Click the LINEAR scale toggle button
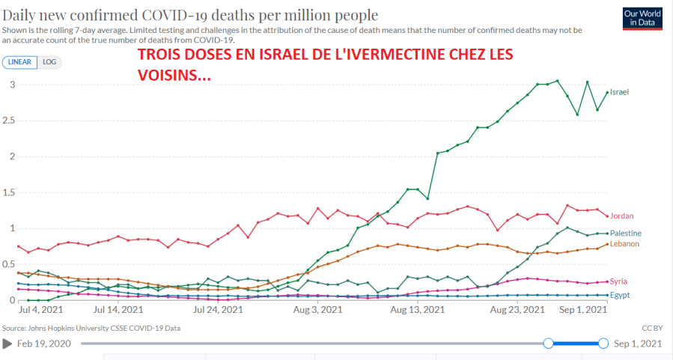click(x=20, y=62)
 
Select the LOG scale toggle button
click(x=49, y=62)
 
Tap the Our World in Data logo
click(x=642, y=18)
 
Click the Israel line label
click(x=619, y=92)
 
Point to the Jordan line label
click(x=622, y=216)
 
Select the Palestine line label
click(x=625, y=234)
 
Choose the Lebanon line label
click(x=624, y=244)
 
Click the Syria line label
click(x=618, y=281)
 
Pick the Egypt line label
click(x=619, y=295)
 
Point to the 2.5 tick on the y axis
click(x=9, y=120)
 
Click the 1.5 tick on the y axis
click(x=9, y=192)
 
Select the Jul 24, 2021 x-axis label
click(x=219, y=309)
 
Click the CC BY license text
click(x=652, y=328)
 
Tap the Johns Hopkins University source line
click(x=91, y=328)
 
